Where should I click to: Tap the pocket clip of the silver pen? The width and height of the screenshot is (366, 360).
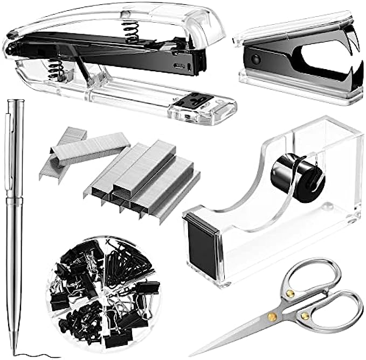point(11,135)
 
